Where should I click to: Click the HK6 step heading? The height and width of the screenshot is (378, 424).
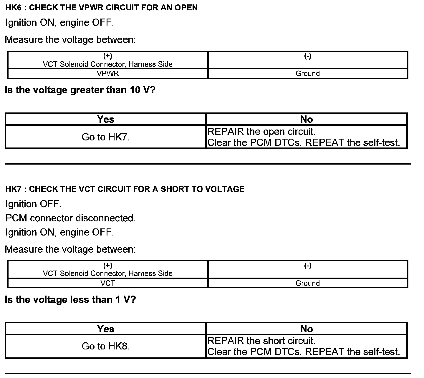101,8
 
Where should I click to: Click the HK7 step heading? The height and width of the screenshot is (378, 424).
125,189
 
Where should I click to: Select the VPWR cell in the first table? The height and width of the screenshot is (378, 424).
108,74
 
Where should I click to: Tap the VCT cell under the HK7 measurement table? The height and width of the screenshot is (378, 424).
108,283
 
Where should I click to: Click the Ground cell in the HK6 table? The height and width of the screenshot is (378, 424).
307,74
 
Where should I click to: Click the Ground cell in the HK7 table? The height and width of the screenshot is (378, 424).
307,283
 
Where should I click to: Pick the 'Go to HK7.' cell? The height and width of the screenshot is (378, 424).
106,137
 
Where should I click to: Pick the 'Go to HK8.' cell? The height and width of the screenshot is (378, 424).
106,346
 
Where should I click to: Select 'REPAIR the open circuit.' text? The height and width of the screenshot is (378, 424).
261,132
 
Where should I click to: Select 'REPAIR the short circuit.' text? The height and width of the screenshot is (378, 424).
261,341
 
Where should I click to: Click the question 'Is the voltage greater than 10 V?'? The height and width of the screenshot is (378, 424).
80,90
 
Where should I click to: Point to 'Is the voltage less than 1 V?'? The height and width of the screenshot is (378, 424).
71,300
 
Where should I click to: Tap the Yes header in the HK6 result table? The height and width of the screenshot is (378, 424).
106,119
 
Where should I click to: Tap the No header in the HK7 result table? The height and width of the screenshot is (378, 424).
307,329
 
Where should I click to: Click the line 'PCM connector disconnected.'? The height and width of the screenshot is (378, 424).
71,218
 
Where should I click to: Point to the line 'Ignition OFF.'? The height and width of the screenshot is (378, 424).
34,204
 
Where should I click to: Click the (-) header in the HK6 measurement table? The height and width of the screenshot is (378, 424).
307,56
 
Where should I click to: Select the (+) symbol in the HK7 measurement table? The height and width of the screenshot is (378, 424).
108,266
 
